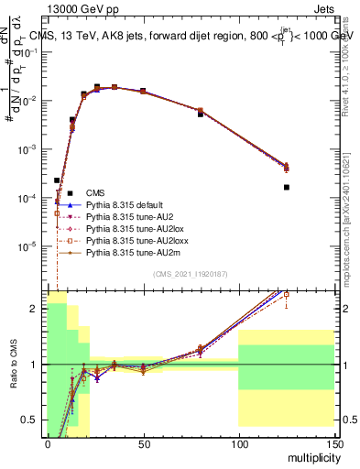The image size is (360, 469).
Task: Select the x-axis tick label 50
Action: tap(143, 445)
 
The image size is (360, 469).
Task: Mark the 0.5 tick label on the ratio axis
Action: tap(33, 420)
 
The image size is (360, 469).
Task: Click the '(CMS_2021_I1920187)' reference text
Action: tap(191, 274)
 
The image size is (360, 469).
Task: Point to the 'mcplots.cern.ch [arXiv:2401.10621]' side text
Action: tap(352, 229)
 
